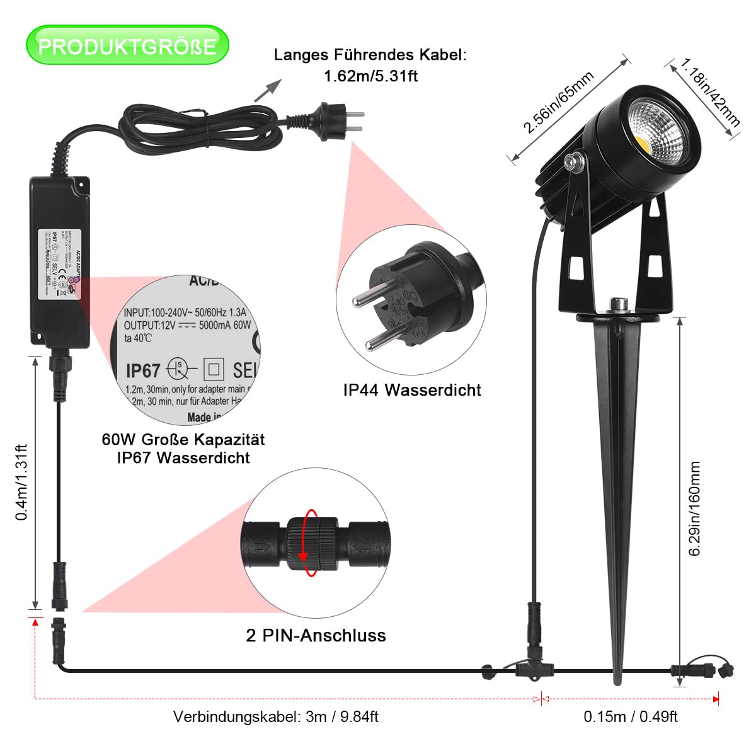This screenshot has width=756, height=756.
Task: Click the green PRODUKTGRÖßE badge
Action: click(x=127, y=46)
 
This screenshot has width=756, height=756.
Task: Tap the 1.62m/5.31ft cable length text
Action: click(x=370, y=76)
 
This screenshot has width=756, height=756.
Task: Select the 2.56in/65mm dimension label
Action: click(x=559, y=103)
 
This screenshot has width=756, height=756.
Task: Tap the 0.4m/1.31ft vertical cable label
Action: click(x=22, y=482)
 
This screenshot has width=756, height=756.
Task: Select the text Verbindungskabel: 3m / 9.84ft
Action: click(x=276, y=716)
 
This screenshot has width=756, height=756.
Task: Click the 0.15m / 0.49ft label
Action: click(x=631, y=716)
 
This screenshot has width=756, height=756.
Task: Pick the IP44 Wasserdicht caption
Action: click(x=412, y=390)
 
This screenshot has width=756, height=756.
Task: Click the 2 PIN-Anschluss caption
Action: click(x=316, y=635)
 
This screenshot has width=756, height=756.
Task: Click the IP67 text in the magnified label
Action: click(x=143, y=370)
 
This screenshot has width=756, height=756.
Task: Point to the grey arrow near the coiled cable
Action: click(x=267, y=90)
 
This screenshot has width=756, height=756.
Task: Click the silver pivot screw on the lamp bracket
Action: click(x=573, y=162)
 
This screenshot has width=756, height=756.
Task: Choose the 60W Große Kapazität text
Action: click(x=183, y=439)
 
